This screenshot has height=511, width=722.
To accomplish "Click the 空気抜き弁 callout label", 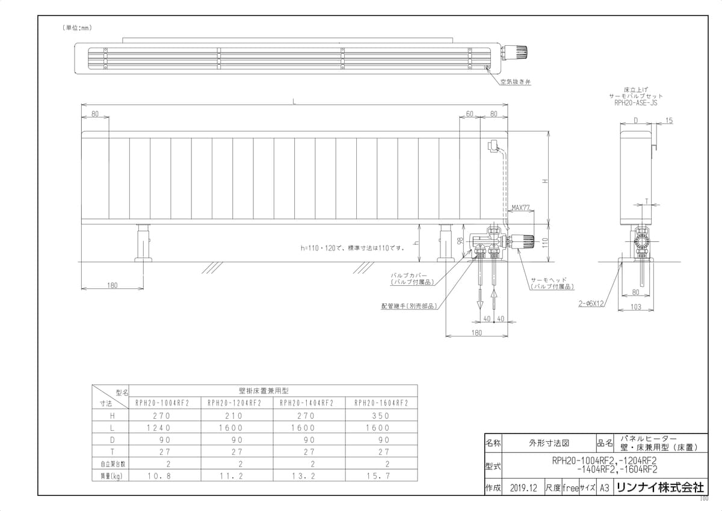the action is click(516, 82).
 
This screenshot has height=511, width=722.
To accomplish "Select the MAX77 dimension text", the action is click(520, 208).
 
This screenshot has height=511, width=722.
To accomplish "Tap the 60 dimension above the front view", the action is click(470, 114).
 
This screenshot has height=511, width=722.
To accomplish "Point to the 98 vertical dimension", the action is click(460, 241).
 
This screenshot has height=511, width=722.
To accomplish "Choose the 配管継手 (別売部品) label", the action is click(409, 306).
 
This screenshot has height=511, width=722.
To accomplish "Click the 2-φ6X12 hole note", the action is click(591, 303).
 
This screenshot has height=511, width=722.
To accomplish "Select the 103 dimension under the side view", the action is click(635, 306).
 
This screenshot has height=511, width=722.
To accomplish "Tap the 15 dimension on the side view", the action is click(669, 120).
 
